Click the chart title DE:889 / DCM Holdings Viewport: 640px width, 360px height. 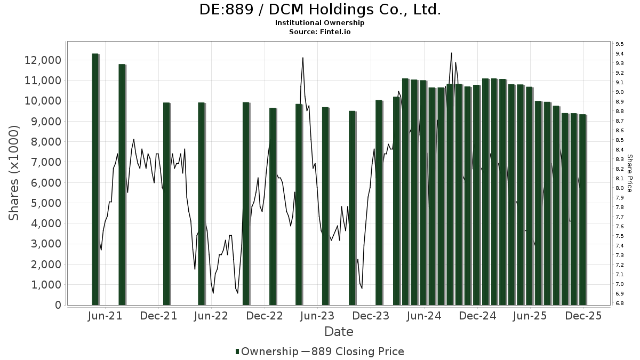[x=320, y=10]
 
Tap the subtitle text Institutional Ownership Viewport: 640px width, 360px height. [x=320, y=23]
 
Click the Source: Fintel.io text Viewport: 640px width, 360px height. [x=320, y=32]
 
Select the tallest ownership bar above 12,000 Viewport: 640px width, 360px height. [x=95, y=179]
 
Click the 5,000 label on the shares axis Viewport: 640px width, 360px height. [x=47, y=203]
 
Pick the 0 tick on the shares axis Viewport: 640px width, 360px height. [x=58, y=305]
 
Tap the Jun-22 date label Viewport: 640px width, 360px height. [x=211, y=316]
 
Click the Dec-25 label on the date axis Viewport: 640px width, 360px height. [x=583, y=316]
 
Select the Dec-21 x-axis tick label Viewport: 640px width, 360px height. [x=158, y=316]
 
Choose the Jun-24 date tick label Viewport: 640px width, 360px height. [x=423, y=316]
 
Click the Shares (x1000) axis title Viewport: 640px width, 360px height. [x=14, y=173]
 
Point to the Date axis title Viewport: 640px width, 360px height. [x=339, y=332]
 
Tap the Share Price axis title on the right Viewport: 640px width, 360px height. [x=630, y=173]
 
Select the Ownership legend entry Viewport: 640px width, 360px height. [x=267, y=351]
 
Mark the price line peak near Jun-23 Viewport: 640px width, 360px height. [x=303, y=58]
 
